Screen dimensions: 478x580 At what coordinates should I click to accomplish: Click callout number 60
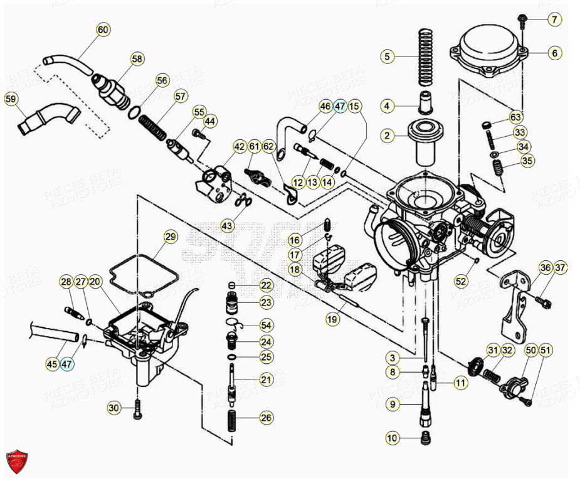click(x=103, y=29)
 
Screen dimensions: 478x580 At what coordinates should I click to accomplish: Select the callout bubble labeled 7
click(x=554, y=19)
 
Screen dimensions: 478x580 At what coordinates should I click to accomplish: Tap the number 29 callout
click(x=171, y=236)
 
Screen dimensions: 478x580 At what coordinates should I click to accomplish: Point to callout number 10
click(x=393, y=438)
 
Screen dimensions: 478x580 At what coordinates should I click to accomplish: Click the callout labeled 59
click(x=11, y=98)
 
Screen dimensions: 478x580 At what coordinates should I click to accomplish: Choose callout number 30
click(x=113, y=408)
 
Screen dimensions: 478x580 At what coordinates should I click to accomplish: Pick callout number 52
click(x=461, y=282)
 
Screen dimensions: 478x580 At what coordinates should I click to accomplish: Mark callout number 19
click(x=332, y=319)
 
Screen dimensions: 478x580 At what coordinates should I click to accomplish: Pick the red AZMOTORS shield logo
click(x=16, y=461)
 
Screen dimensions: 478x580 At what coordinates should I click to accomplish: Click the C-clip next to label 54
click(x=233, y=324)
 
